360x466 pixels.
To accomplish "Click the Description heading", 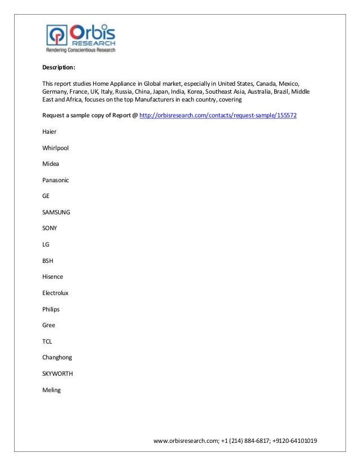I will tap(58, 68).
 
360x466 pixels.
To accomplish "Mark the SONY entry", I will tap(50, 228).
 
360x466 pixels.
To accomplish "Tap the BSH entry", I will tap(49, 261).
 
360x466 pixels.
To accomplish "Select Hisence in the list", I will tap(52, 277).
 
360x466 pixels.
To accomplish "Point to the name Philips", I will tap(51, 309).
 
